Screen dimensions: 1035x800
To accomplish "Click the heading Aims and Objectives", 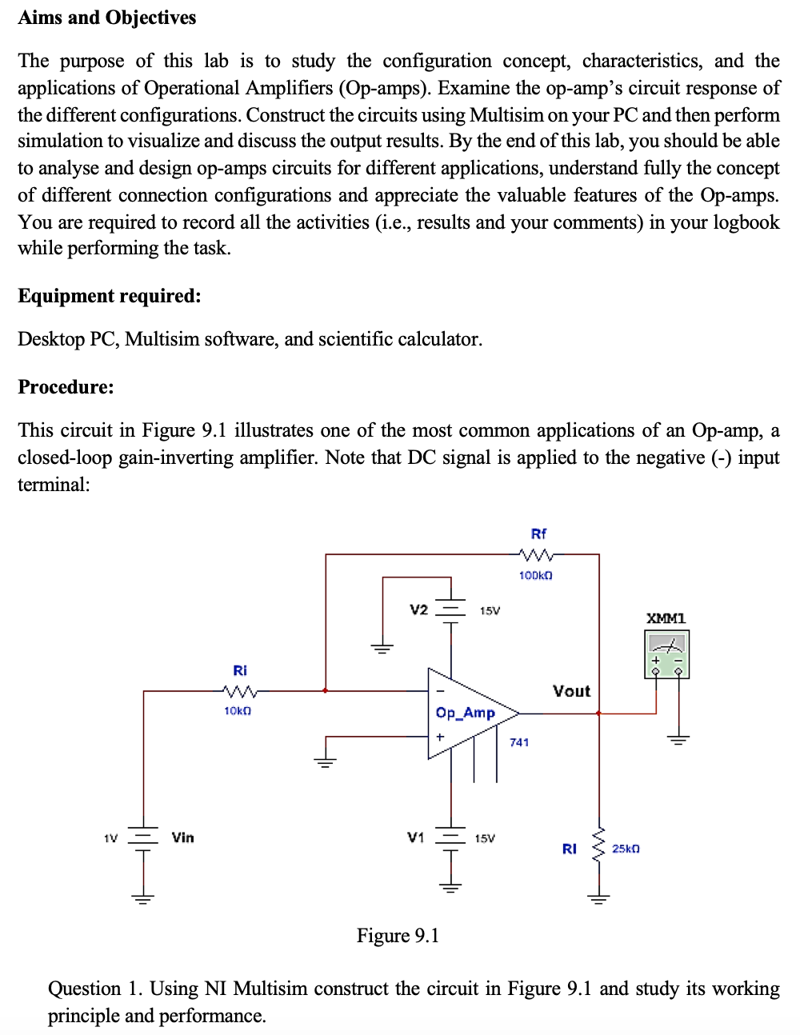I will point(106,18).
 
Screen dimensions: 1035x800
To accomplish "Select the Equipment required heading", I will point(109,296).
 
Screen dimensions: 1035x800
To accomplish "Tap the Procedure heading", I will point(66,387).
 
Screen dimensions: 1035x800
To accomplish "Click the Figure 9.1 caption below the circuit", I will point(398,936).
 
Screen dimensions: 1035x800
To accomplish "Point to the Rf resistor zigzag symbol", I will point(536,554).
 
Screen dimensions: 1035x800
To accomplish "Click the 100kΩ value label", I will point(535,575).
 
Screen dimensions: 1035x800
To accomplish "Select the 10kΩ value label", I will point(238,710).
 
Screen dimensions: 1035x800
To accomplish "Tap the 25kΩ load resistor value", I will point(626,848).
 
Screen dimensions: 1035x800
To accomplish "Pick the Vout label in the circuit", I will point(571,691).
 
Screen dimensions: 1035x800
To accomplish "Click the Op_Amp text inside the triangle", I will point(465,713).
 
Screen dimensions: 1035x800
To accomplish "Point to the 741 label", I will point(519,742).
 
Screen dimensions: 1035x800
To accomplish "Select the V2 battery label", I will point(418,609).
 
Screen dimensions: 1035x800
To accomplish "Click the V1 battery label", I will point(415,837).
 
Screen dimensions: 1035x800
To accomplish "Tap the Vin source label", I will point(182,837).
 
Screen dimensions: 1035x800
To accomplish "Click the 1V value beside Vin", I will point(110,838).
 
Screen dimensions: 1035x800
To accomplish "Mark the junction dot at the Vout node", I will point(598,713).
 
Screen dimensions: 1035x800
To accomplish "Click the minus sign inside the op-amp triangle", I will point(440,690).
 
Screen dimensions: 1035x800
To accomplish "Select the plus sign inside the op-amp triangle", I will point(440,736).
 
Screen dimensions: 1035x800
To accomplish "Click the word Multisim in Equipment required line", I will point(162,339).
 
